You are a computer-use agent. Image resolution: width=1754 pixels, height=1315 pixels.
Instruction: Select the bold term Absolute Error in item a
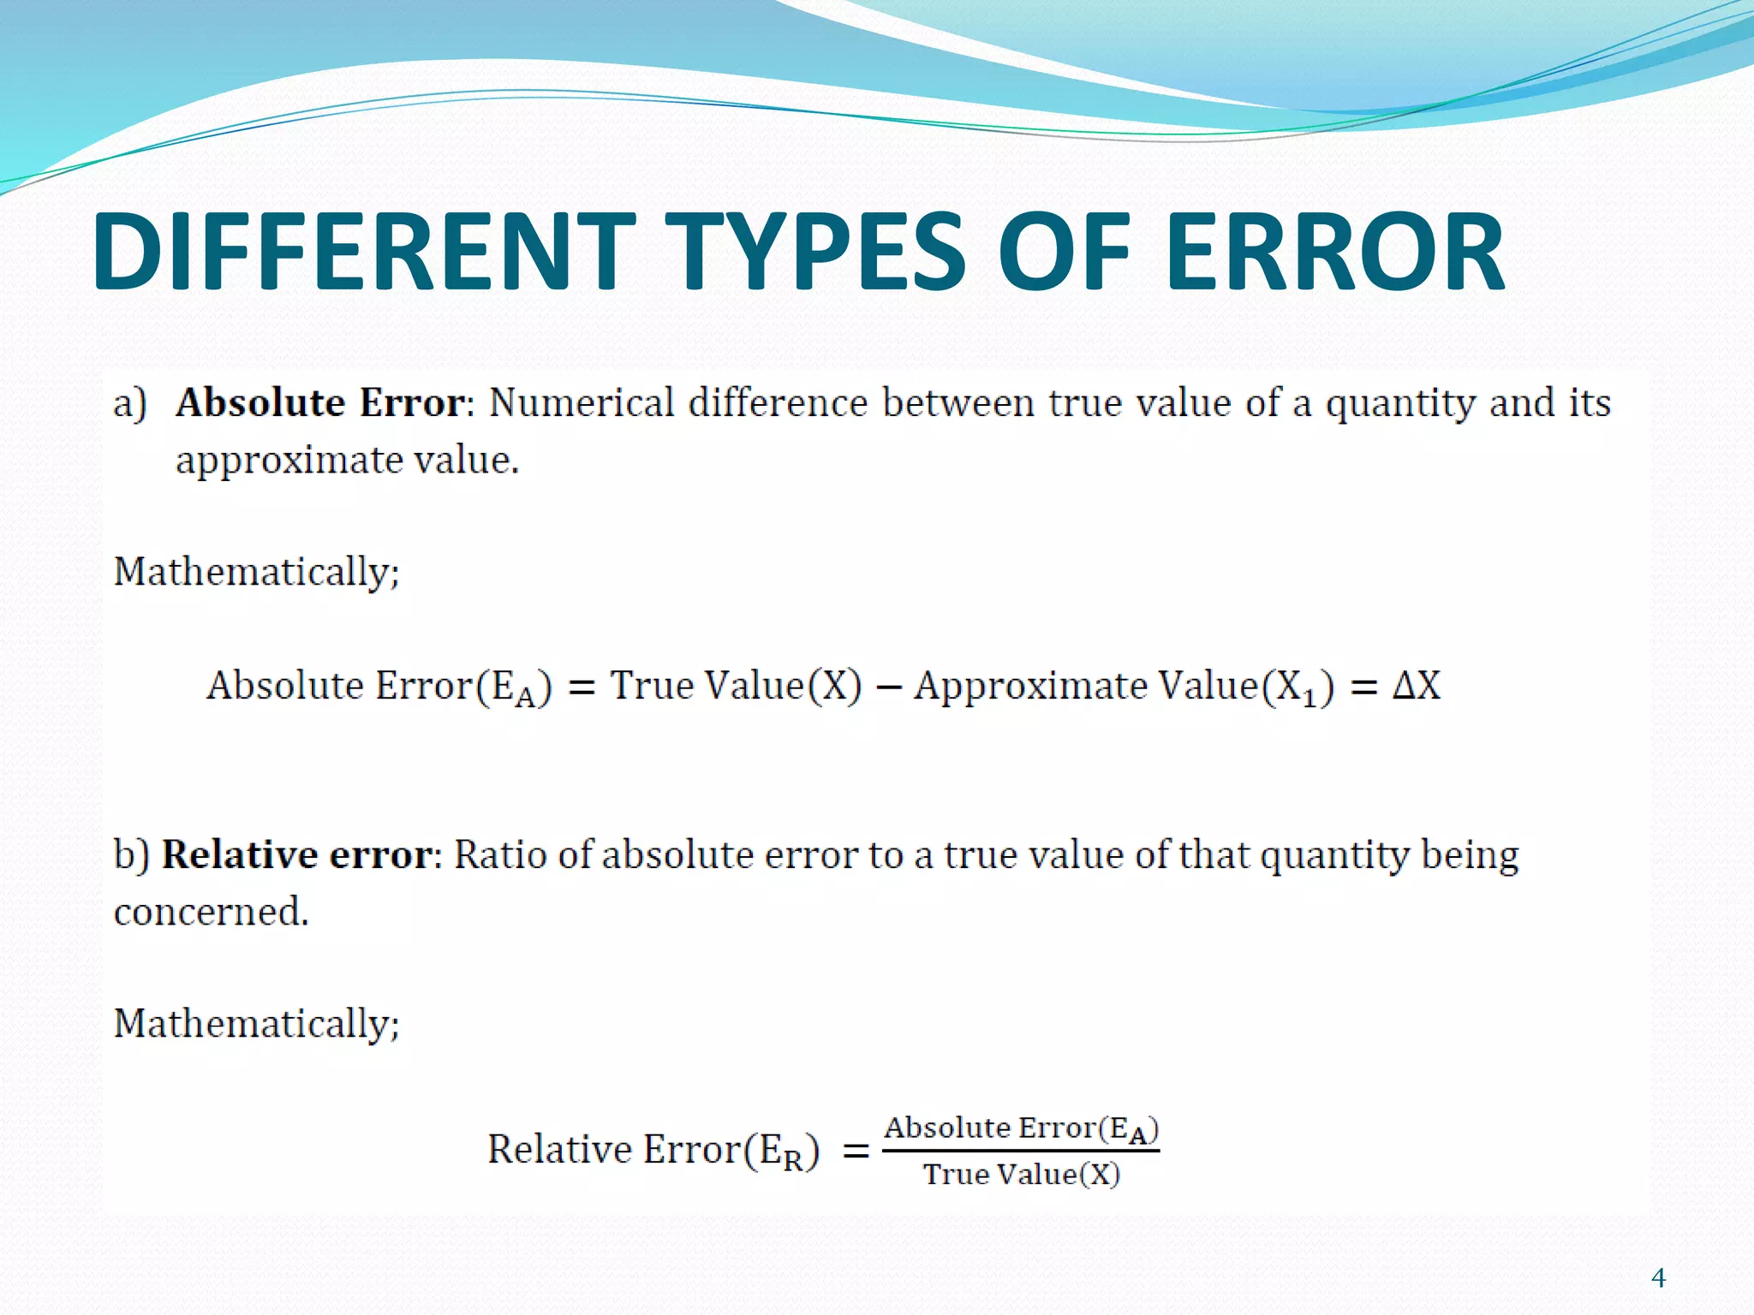(321, 402)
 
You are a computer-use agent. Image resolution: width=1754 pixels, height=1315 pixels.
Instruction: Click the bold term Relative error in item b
(297, 854)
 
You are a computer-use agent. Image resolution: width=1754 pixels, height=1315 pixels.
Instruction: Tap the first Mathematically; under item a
(256, 572)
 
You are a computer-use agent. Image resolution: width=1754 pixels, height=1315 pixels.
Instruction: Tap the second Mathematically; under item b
(256, 1024)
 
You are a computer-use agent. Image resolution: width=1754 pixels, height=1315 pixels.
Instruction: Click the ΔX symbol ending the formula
(1417, 686)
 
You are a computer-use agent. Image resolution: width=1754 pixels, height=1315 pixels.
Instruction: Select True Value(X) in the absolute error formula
(736, 686)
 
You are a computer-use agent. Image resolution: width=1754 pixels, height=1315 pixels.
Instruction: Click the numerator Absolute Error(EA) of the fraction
(1021, 1129)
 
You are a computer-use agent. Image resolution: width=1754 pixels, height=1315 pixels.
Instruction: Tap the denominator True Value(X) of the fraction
(1021, 1175)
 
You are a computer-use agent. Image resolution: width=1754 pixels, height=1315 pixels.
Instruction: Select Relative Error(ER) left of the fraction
(653, 1150)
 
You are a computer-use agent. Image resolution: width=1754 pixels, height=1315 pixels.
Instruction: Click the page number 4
(1658, 1278)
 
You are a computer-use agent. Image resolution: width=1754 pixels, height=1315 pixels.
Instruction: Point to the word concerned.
(211, 912)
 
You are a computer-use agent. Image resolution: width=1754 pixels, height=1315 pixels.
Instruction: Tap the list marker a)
(130, 403)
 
